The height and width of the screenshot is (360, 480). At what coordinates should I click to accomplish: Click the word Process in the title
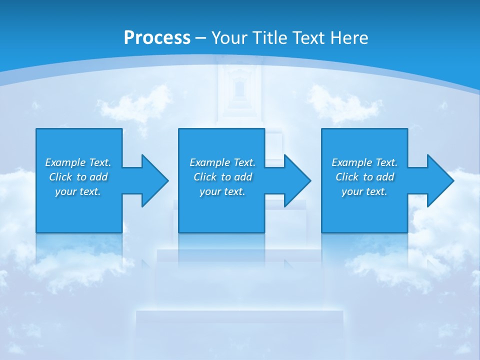[157, 37]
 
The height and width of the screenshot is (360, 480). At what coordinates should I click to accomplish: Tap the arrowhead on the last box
[440, 180]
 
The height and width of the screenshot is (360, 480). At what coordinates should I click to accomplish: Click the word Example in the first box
[65, 162]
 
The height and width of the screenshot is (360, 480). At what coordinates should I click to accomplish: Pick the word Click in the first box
[60, 177]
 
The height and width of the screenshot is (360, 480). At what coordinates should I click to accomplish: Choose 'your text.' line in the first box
[78, 191]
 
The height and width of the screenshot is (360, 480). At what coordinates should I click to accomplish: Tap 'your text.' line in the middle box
[222, 191]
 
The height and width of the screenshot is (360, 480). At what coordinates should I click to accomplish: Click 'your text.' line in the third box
[364, 191]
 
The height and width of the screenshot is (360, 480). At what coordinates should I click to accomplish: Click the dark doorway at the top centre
[239, 89]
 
